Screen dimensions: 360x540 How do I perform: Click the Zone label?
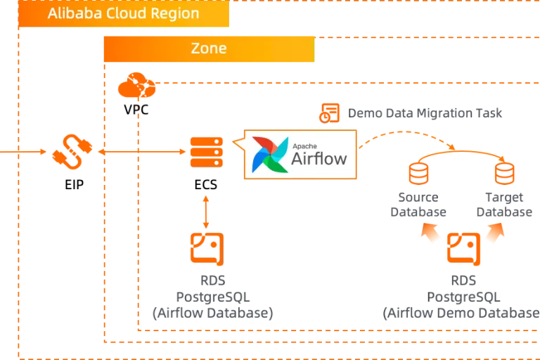[209, 49]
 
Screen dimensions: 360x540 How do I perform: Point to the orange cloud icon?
[137, 87]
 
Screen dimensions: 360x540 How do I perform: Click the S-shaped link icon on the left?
[72, 150]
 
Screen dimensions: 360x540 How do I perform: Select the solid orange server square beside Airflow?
[207, 152]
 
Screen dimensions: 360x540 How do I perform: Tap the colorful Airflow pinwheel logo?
[270, 154]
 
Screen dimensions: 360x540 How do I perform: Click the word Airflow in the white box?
[319, 158]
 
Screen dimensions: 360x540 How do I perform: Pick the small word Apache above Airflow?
[303, 141]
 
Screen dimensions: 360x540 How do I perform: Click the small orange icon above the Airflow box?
[328, 112]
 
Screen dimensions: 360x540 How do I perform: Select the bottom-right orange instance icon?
[464, 248]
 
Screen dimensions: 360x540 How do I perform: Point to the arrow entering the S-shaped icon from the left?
[25, 150]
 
